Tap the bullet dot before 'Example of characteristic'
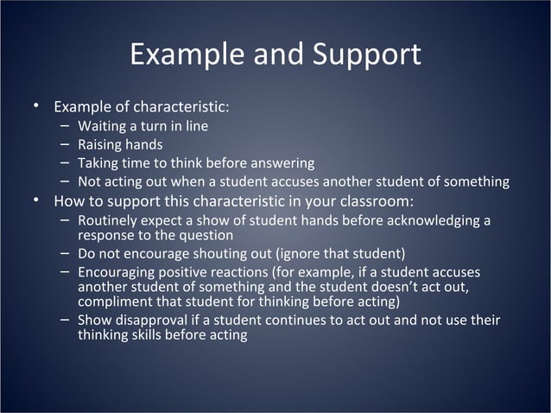[x=36, y=107]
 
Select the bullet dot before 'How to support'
[x=36, y=202]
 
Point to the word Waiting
[x=103, y=126]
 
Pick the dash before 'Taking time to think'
[x=65, y=162]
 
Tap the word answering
[x=284, y=163]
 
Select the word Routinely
[x=109, y=221]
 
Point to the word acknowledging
[x=435, y=221]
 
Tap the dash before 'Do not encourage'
[x=65, y=253]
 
